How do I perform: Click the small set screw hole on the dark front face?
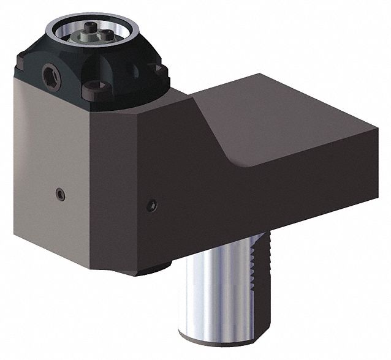(x=151, y=204)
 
